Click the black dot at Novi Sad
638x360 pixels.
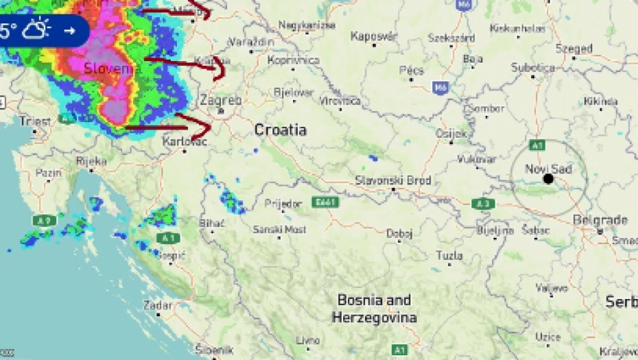pyautogui.click(x=548, y=179)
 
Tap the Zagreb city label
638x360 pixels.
pyautogui.click(x=220, y=100)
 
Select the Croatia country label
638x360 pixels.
pyautogui.click(x=280, y=130)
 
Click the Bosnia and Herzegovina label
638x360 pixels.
pyautogui.click(x=375, y=309)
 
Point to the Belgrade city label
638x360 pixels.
pyautogui.click(x=600, y=220)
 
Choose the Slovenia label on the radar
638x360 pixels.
pyautogui.click(x=112, y=69)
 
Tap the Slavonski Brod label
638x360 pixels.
pyautogui.click(x=393, y=180)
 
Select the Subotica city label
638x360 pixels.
pyautogui.click(x=533, y=67)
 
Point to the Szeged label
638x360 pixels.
pyautogui.click(x=574, y=49)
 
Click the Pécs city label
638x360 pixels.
pyautogui.click(x=412, y=70)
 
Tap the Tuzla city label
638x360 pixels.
pyautogui.click(x=449, y=256)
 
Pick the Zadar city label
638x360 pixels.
pyautogui.click(x=158, y=305)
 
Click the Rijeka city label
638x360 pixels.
pyautogui.click(x=91, y=161)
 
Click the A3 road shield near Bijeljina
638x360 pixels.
pyautogui.click(x=484, y=204)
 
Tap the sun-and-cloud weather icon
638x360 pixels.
pyautogui.click(x=36, y=30)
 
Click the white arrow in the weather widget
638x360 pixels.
pyautogui.click(x=69, y=30)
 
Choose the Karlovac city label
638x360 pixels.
pyautogui.click(x=185, y=141)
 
